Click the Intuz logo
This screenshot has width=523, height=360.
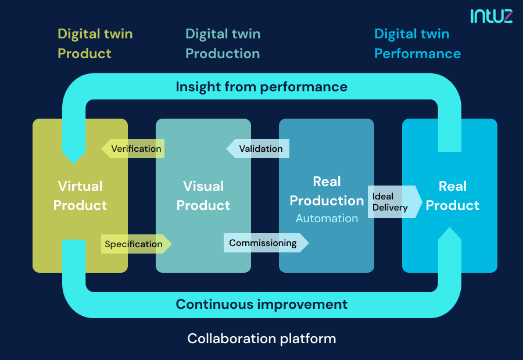tap(491, 16)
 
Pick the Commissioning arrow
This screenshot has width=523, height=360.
tap(265, 243)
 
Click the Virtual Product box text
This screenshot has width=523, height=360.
tap(80, 196)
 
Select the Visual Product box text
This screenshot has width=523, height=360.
tap(203, 196)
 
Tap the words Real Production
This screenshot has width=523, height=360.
tap(327, 191)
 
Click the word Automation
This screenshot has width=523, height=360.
tap(327, 219)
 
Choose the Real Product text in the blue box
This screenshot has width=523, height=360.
tap(452, 196)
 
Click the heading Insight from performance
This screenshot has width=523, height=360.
tap(261, 87)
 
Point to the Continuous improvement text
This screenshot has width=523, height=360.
tap(261, 304)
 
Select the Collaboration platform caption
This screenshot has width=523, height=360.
tap(261, 338)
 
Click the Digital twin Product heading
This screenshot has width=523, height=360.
tap(95, 44)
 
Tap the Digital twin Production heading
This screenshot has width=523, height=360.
tap(223, 44)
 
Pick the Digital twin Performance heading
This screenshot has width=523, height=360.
tap(417, 44)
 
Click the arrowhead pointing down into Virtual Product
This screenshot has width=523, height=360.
tap(74, 156)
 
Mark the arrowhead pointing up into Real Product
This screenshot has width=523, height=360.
tap(449, 234)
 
